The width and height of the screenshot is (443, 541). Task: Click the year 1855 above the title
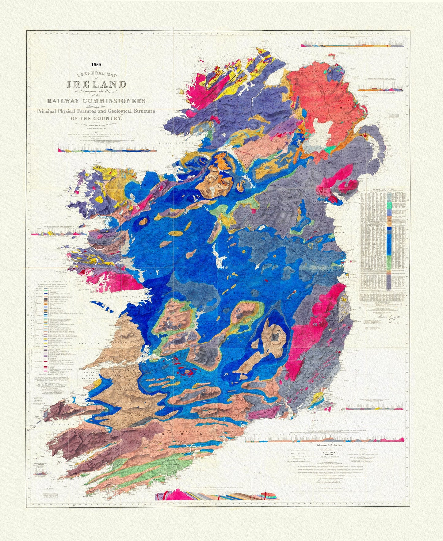[96, 65]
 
